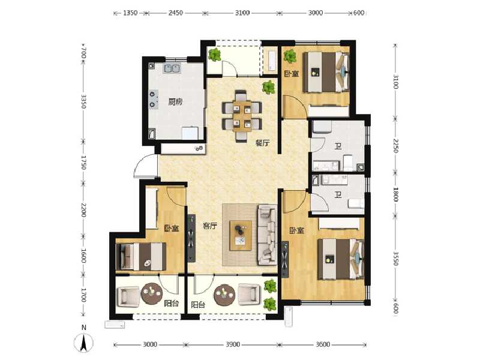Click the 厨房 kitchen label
click(x=175, y=102)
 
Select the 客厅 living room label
click(x=209, y=226)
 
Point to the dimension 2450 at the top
click(x=175, y=13)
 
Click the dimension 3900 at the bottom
click(x=233, y=344)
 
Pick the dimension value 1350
click(x=131, y=13)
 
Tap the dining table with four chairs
click(x=242, y=111)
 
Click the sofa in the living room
click(x=266, y=234)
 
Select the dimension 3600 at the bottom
click(x=323, y=344)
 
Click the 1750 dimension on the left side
click(x=85, y=162)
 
